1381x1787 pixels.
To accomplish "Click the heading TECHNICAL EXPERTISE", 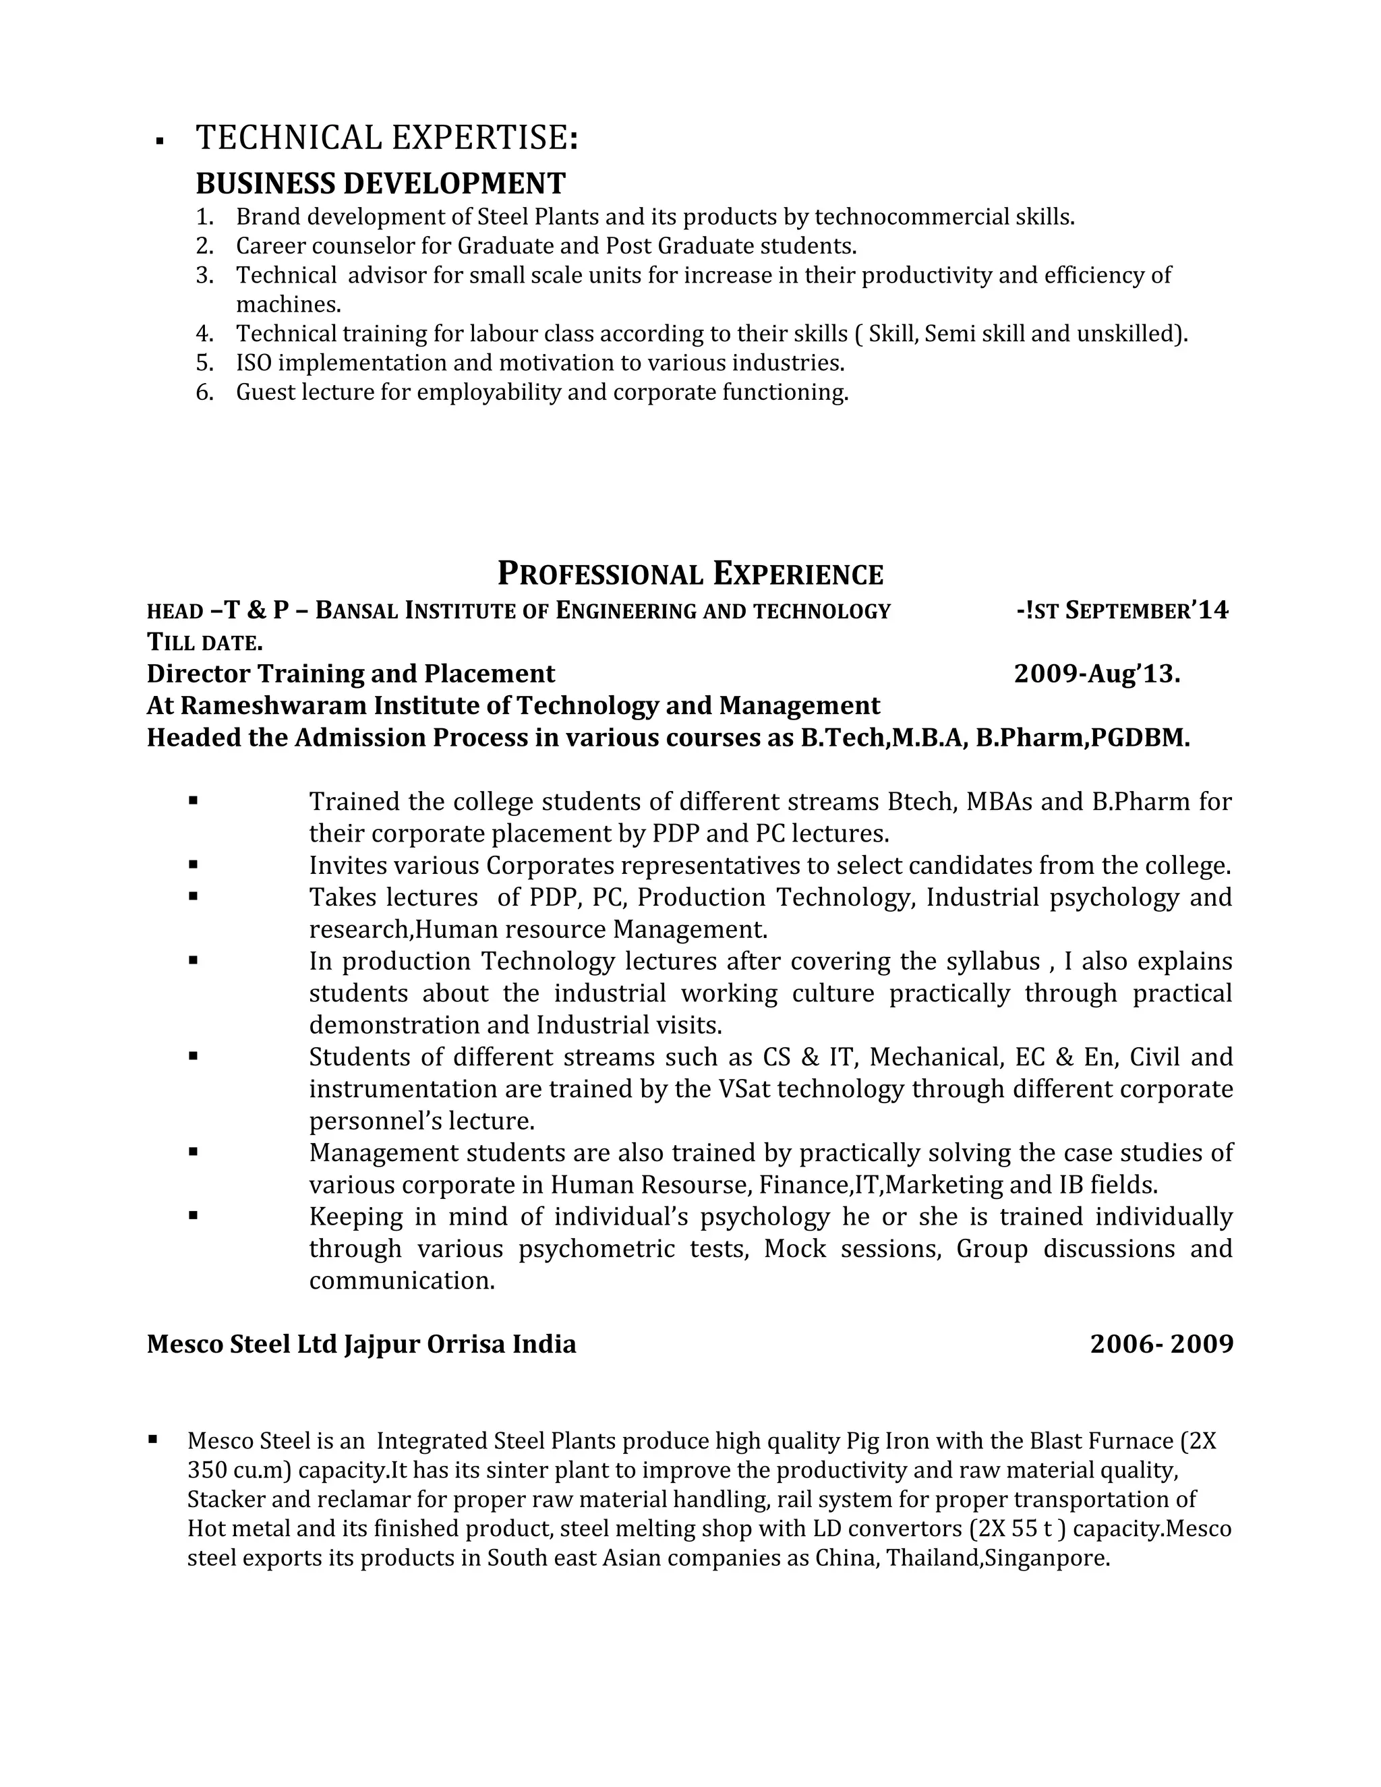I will pos(386,138).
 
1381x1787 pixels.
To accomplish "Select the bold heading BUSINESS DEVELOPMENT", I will pos(380,183).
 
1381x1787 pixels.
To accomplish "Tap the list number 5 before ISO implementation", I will pos(204,363).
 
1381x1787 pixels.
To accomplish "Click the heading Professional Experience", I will pos(690,575).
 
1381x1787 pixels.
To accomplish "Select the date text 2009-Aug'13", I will pos(1096,674).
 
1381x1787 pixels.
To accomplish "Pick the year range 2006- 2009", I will pos(1161,1345).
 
